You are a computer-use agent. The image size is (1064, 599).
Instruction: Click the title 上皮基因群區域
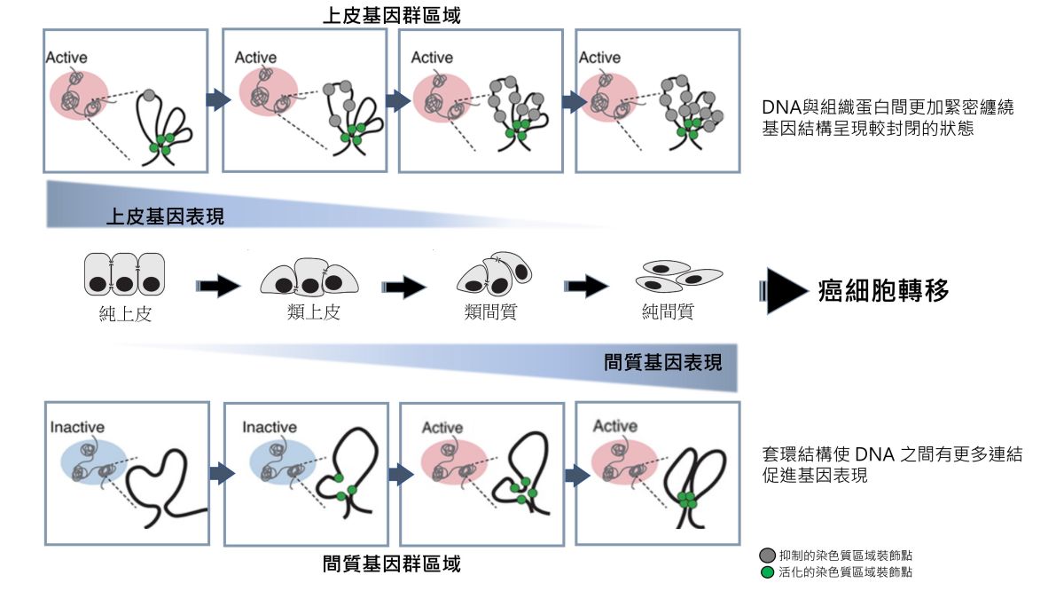[391, 15]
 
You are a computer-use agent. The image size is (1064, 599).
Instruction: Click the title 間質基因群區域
[391, 564]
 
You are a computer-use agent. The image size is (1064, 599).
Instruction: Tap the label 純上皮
[125, 313]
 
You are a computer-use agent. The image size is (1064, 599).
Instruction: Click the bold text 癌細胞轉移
[883, 290]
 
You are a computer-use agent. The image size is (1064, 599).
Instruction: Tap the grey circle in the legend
[767, 556]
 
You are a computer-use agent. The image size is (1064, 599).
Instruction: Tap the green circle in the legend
[767, 572]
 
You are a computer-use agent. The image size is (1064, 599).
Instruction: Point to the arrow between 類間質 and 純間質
[586, 286]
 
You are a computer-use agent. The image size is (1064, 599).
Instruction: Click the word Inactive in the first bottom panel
[77, 427]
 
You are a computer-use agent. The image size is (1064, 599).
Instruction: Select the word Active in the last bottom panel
[614, 427]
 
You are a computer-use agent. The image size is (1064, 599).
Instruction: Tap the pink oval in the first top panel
[80, 95]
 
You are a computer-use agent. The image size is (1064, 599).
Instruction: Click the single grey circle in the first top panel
[149, 95]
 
